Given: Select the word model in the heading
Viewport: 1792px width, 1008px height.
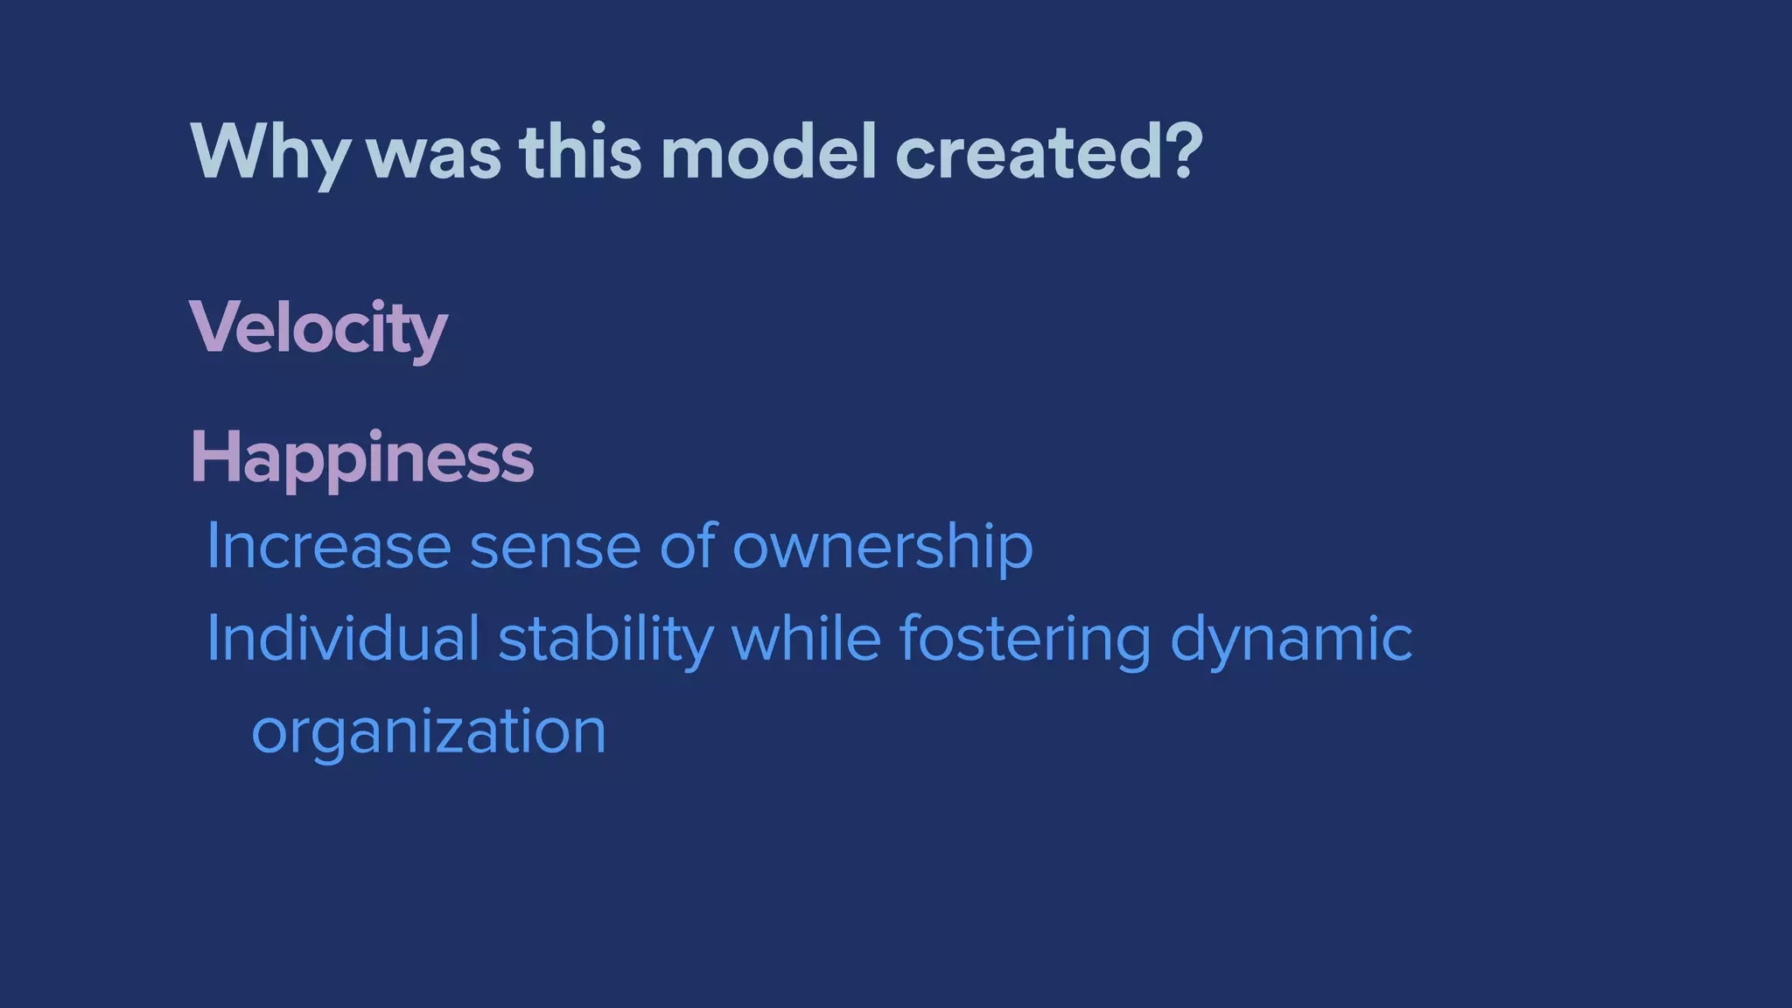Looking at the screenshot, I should click(767, 152).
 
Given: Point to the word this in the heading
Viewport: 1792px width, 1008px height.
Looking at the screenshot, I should click(580, 152).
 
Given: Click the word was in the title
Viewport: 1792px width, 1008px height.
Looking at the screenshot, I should click(434, 154).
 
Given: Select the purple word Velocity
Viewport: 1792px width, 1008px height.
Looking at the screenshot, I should click(318, 328).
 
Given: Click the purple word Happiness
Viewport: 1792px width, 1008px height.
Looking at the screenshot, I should click(361, 458).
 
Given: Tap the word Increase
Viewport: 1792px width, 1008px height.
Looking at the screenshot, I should click(328, 547).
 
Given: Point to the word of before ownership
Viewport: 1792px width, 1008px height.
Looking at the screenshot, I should click(689, 547).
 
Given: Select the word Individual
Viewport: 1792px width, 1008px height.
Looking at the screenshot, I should click(342, 639).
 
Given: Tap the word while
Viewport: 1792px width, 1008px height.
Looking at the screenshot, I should click(806, 638).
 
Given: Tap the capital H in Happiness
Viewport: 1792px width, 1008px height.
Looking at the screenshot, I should click(213, 457).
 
